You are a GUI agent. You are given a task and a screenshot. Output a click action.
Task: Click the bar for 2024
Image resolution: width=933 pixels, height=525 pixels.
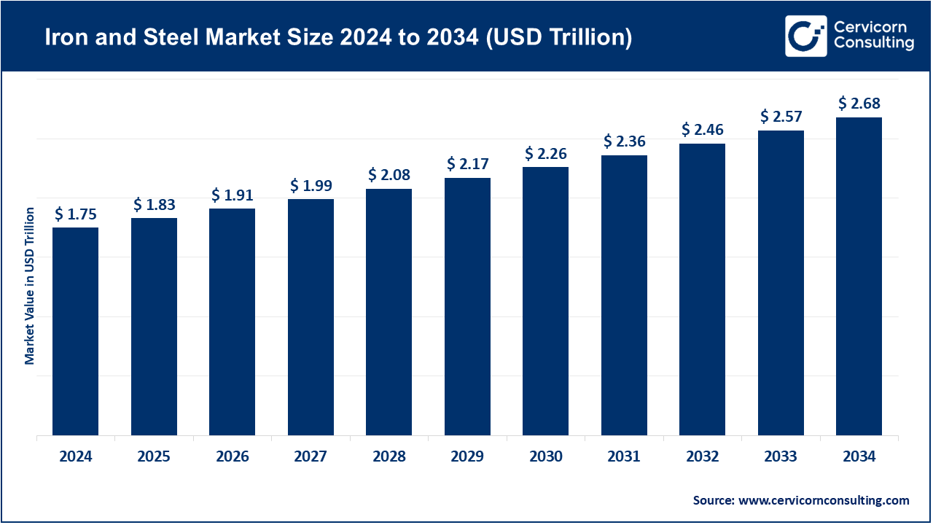pyautogui.click(x=75, y=332)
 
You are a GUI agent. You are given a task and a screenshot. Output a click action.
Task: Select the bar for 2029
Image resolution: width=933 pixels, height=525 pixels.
pyautogui.click(x=467, y=307)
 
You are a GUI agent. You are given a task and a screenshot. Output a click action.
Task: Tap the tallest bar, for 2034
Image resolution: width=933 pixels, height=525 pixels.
pyautogui.click(x=859, y=276)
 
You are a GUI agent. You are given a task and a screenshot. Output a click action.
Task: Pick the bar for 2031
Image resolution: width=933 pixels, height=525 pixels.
pyautogui.click(x=624, y=295)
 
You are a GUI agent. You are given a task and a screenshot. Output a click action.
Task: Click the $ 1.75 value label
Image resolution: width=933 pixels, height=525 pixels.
pyautogui.click(x=75, y=214)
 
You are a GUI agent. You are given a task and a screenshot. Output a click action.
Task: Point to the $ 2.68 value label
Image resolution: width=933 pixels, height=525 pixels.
pyautogui.click(x=859, y=104)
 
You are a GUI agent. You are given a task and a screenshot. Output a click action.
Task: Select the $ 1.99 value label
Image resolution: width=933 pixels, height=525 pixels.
pyautogui.click(x=311, y=186)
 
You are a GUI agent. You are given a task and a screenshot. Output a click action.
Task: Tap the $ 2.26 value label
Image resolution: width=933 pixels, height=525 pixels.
pyautogui.click(x=545, y=154)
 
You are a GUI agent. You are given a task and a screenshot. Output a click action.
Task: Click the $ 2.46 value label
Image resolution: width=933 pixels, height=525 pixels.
pyautogui.click(x=702, y=130)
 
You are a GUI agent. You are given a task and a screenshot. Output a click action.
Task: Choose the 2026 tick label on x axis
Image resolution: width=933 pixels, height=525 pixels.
pyautogui.click(x=232, y=457)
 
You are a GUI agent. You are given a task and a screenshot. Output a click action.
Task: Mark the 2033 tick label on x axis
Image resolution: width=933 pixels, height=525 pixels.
pyautogui.click(x=781, y=457)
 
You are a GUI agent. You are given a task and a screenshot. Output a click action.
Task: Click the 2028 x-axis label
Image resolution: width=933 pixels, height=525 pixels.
pyautogui.click(x=389, y=457)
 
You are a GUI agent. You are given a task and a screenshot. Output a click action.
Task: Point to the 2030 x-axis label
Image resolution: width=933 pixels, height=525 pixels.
pyautogui.click(x=545, y=457)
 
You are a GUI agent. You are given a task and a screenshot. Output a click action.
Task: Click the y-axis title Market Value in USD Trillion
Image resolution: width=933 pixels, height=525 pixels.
pyautogui.click(x=30, y=286)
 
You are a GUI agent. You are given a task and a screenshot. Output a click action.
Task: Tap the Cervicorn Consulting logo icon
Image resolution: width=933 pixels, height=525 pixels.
pyautogui.click(x=805, y=36)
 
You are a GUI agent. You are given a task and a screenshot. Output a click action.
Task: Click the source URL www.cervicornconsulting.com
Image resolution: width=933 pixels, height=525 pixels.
pyautogui.click(x=824, y=500)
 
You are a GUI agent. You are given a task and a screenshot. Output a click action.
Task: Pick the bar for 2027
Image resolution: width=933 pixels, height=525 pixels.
pyautogui.click(x=311, y=317)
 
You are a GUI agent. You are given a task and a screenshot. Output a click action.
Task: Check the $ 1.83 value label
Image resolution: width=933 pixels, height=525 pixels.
pyautogui.click(x=154, y=205)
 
